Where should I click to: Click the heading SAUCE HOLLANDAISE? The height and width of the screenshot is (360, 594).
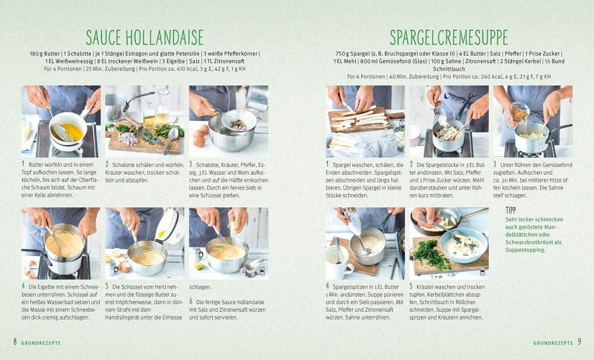(144, 37)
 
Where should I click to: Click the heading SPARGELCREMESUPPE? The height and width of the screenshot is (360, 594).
(448, 37)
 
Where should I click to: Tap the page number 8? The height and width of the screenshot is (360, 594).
(15, 342)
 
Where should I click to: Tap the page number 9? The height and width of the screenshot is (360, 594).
(579, 342)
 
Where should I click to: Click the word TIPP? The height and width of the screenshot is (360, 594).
(511, 210)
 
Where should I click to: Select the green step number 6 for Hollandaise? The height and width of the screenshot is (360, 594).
(191, 302)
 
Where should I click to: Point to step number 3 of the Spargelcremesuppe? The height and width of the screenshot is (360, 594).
(495, 165)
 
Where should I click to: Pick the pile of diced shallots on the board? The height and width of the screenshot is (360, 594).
(128, 138)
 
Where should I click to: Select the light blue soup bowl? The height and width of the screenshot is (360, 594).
(464, 245)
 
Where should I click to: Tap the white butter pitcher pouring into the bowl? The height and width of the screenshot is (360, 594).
(169, 226)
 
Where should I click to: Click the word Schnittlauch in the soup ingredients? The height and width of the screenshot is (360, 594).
(449, 69)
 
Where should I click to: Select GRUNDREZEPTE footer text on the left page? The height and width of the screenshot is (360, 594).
(41, 343)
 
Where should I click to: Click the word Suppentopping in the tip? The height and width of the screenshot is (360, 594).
(525, 250)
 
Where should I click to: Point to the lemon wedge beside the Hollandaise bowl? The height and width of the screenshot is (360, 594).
(198, 266)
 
